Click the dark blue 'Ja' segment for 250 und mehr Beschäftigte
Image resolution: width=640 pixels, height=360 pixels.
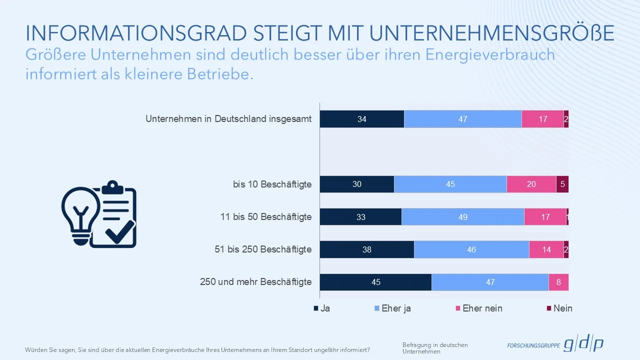(375, 282)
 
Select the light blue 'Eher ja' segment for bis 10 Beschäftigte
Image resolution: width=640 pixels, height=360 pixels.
(450, 184)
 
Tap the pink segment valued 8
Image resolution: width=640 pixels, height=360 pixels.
(558, 282)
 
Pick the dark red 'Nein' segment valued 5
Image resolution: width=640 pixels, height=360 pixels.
(562, 184)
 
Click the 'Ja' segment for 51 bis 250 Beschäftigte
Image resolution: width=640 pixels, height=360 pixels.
(366, 249)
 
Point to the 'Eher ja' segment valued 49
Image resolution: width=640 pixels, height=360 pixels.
(462, 217)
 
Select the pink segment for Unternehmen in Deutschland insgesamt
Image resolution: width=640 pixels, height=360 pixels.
(542, 119)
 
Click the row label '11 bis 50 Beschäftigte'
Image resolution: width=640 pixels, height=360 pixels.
(266, 217)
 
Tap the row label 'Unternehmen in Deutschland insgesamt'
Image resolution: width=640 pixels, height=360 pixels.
(228, 119)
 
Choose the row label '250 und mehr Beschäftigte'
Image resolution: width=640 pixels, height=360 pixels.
(255, 282)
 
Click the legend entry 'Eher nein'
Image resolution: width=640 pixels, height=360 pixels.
(482, 308)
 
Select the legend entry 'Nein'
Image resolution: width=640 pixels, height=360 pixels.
(562, 308)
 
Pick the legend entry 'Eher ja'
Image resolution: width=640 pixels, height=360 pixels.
(395, 308)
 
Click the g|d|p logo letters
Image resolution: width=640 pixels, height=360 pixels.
(583, 344)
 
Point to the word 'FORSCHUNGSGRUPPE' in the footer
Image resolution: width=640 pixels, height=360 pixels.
(533, 345)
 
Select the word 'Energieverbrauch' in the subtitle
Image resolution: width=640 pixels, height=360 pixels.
(490, 54)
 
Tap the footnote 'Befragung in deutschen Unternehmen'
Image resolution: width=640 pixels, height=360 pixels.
(435, 348)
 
